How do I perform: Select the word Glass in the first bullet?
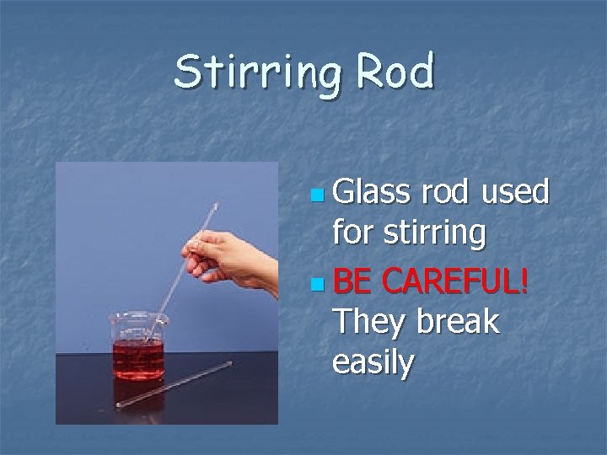tap(368, 193)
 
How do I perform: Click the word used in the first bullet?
tap(515, 193)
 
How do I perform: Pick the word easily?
tap(373, 363)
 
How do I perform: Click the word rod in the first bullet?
tap(443, 193)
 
